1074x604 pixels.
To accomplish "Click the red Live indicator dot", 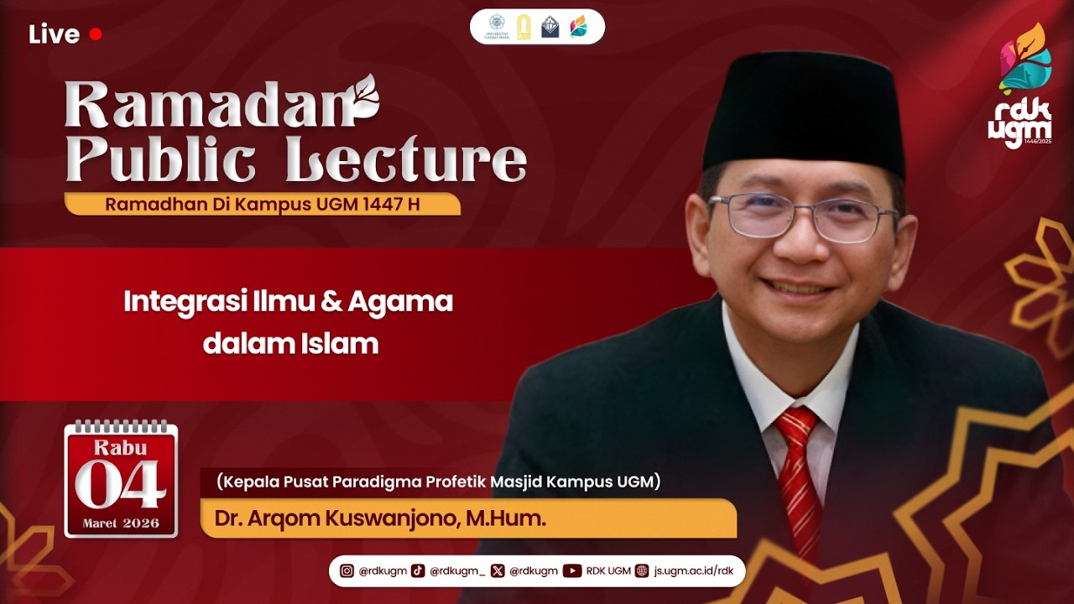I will pyautogui.click(x=96, y=34).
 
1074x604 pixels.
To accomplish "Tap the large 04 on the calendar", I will pyautogui.click(x=121, y=485).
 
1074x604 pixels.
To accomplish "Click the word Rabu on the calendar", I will pyautogui.click(x=121, y=447).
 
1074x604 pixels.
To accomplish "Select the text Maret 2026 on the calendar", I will pyautogui.click(x=121, y=523).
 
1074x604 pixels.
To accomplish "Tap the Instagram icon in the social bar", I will pyautogui.click(x=347, y=571).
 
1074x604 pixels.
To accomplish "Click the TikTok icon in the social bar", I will pyautogui.click(x=418, y=571).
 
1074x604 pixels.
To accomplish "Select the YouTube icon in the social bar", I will pyautogui.click(x=572, y=571).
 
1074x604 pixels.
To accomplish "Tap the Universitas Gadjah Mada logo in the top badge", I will pyautogui.click(x=497, y=26).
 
